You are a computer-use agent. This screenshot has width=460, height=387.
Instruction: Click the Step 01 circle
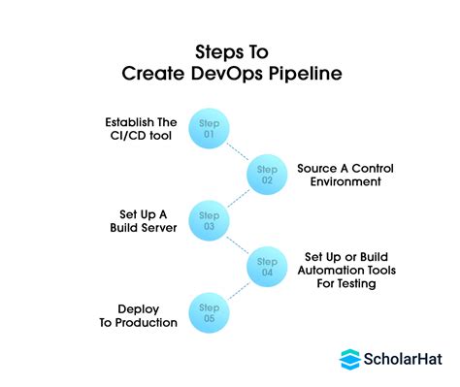click(x=209, y=130)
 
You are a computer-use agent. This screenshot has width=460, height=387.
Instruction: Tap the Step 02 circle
click(x=267, y=175)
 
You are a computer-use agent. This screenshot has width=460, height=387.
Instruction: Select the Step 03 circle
click(x=209, y=219)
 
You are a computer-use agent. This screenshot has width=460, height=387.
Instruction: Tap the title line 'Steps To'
click(x=230, y=48)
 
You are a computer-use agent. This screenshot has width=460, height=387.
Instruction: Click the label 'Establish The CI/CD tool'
click(x=143, y=130)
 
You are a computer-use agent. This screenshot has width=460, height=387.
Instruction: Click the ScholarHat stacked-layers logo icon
click(x=350, y=359)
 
